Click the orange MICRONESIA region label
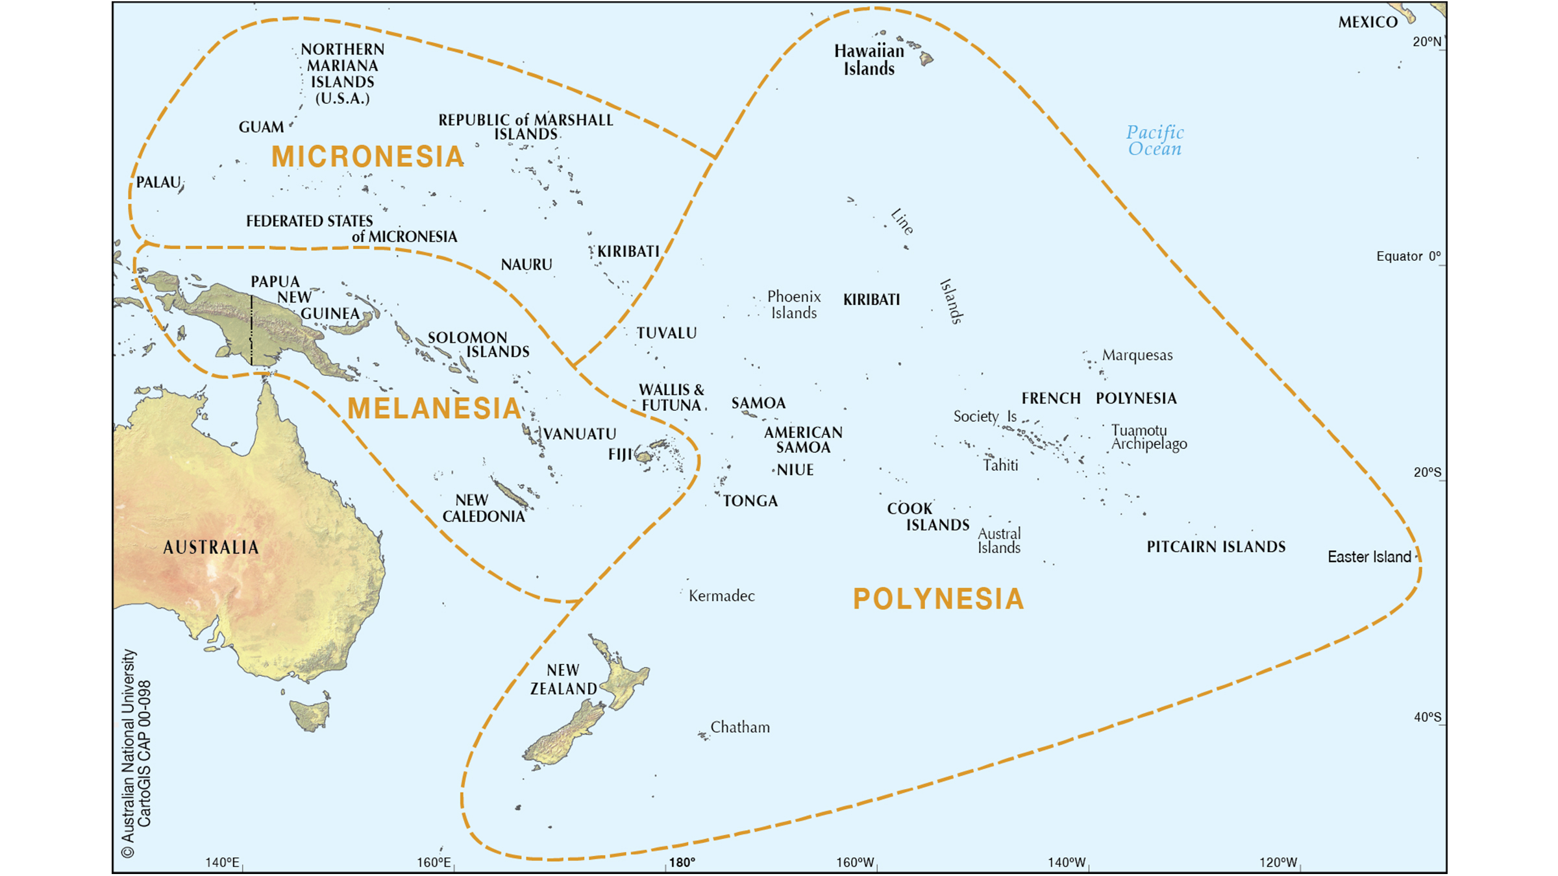tap(367, 157)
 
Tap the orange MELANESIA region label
tap(434, 408)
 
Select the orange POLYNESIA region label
tap(938, 599)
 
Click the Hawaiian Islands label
tap(869, 60)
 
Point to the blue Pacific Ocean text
tap(1155, 141)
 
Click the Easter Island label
tap(1369, 557)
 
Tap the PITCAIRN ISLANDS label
tap(1216, 547)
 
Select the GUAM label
tap(261, 127)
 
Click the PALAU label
tap(158, 182)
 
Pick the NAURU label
tap(526, 265)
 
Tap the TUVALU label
tap(666, 334)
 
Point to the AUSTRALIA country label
tap(211, 548)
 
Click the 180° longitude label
tap(682, 862)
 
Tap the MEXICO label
tap(1368, 23)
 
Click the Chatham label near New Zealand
tap(740, 727)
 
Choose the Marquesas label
tap(1137, 356)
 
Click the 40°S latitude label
tap(1427, 717)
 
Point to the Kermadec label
tap(721, 596)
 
